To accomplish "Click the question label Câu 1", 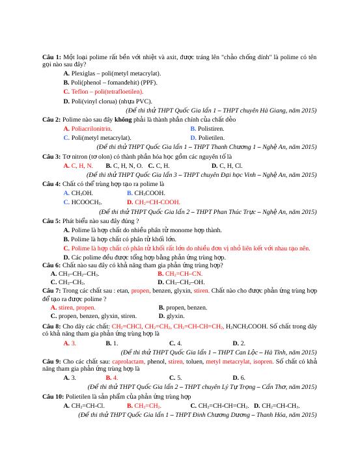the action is point(52,57).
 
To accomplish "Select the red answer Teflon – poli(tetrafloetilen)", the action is point(107,92).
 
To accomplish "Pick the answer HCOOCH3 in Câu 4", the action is point(87,202).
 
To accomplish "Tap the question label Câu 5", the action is point(52,221).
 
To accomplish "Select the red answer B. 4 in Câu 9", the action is point(113,377).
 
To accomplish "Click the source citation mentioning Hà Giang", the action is point(221,111).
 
